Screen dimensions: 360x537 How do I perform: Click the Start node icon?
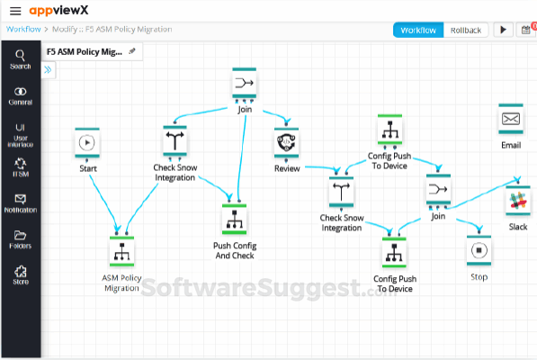tap(86, 142)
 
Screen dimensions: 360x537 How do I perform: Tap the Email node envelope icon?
tap(511, 119)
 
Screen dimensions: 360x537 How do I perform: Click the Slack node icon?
tap(517, 202)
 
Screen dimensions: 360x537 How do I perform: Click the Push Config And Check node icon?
tap(234, 219)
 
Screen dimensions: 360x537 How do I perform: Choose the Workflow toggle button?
tap(417, 30)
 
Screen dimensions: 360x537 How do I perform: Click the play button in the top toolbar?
tap(503, 30)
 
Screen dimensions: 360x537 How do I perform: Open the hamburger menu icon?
tap(14, 10)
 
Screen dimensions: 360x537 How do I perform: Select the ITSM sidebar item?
tap(20, 167)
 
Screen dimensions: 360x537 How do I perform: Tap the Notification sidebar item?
tap(20, 202)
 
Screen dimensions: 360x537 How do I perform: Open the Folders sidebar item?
tap(20, 238)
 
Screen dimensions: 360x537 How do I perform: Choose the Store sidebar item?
tap(20, 274)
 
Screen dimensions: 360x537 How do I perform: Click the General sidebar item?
tap(20, 95)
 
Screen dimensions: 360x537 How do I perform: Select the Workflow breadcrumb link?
tap(22, 30)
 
